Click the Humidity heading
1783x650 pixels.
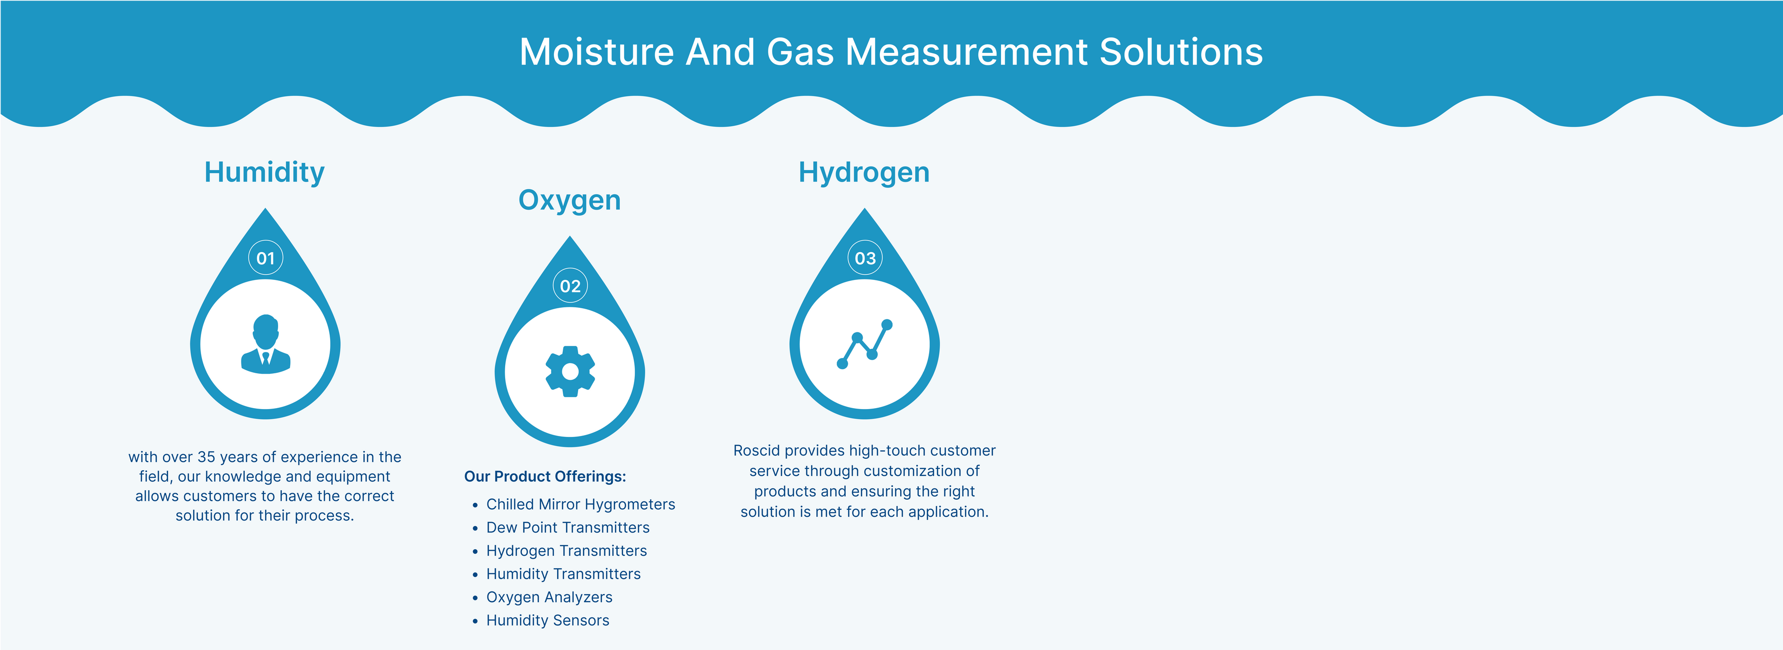264,172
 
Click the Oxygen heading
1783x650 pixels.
570,201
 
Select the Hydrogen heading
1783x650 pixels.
864,172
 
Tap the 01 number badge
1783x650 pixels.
266,258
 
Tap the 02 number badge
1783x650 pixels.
570,286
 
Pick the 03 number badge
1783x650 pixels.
865,258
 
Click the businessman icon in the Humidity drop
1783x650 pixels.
266,344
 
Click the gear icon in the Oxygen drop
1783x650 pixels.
570,372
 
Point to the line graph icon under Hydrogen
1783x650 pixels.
865,344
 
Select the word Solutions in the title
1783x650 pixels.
1181,52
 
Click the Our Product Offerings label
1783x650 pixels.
545,476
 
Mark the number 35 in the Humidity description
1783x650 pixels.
206,457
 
